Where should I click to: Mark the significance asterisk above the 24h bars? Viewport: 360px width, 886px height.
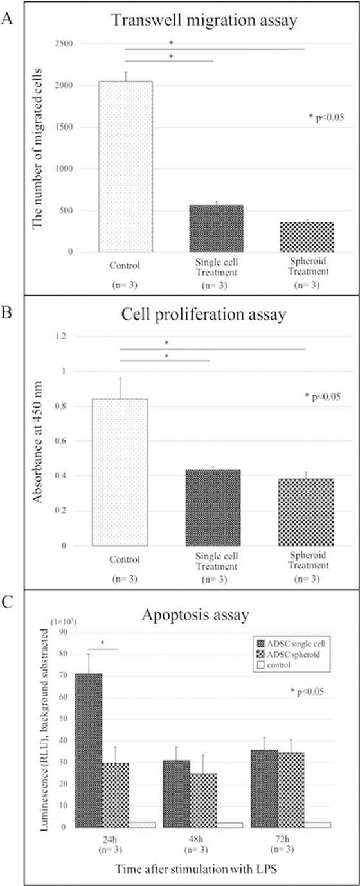(x=102, y=644)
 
